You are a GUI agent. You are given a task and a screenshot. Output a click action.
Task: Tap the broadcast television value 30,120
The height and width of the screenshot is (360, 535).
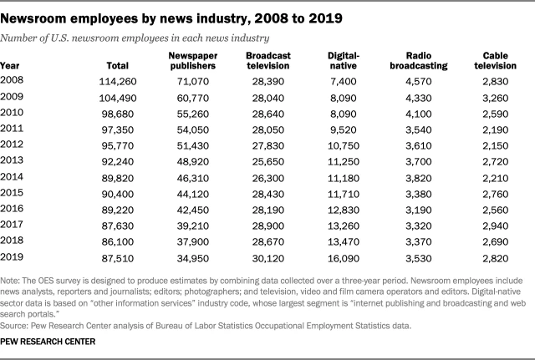point(267,260)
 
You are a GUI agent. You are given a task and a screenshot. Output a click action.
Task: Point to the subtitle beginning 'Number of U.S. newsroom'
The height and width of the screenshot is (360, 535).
point(135,38)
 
